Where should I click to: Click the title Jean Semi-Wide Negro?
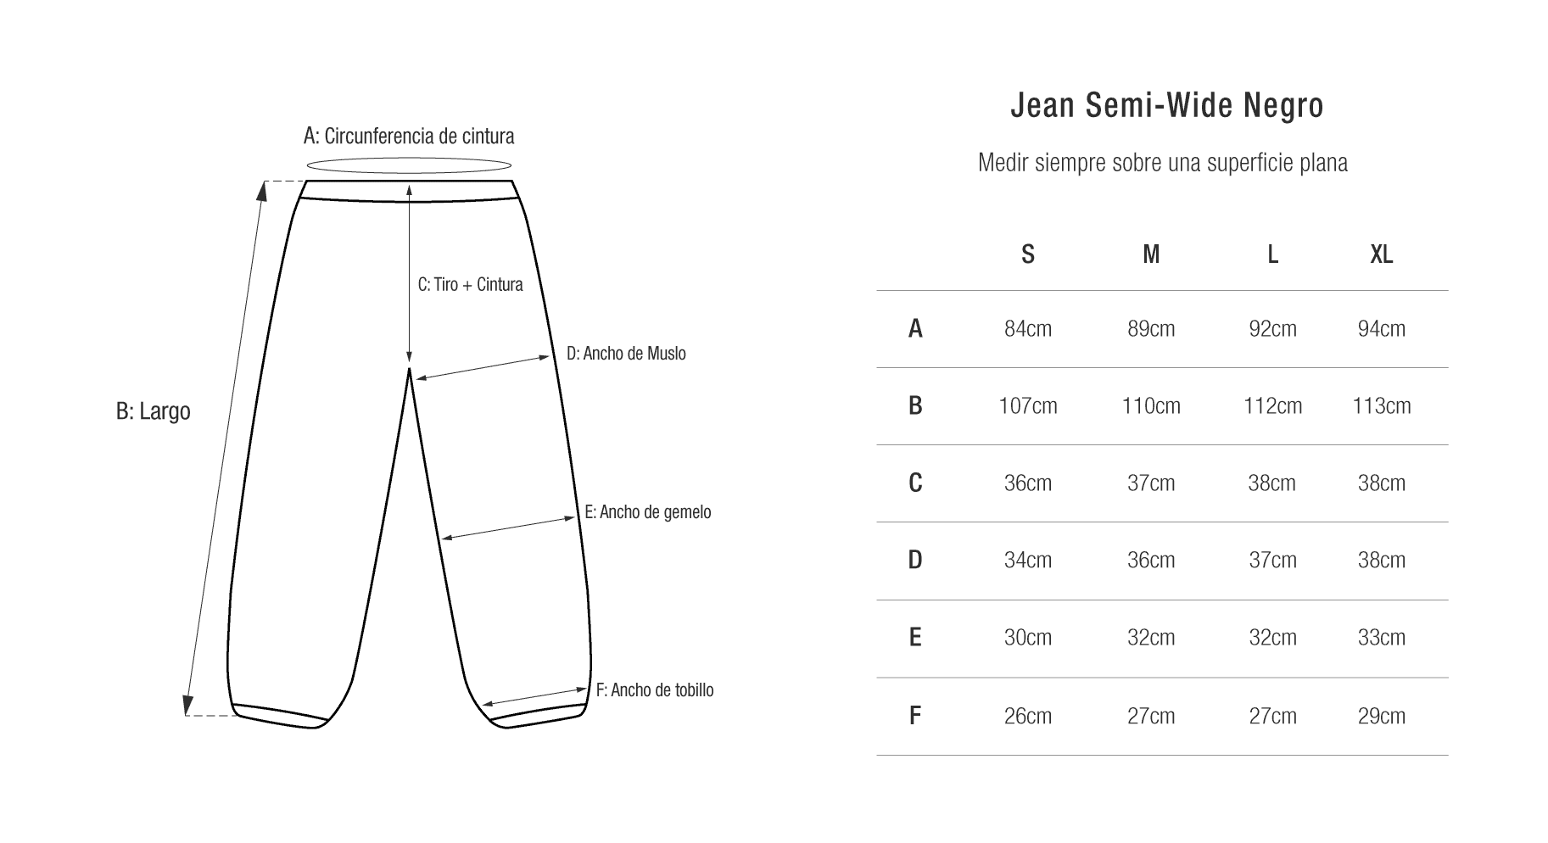(x=1167, y=106)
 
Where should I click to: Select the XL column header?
(x=1382, y=254)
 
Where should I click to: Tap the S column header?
(x=1028, y=254)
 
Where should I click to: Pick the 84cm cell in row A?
(x=1028, y=329)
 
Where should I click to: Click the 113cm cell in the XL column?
(x=1382, y=406)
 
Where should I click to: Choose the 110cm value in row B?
(x=1151, y=406)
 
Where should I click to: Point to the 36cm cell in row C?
(x=1028, y=483)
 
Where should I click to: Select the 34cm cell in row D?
(x=1028, y=561)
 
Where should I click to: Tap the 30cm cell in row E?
(x=1028, y=638)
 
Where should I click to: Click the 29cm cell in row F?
(x=1382, y=717)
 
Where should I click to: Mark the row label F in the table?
(x=915, y=717)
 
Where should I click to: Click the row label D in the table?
(x=915, y=561)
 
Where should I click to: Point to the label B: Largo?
(x=154, y=411)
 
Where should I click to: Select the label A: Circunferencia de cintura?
(x=409, y=136)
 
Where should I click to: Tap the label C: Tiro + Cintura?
(x=471, y=284)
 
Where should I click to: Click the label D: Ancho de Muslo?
(x=626, y=353)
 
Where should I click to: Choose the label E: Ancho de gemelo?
(x=648, y=512)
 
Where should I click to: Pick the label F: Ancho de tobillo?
(x=655, y=690)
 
